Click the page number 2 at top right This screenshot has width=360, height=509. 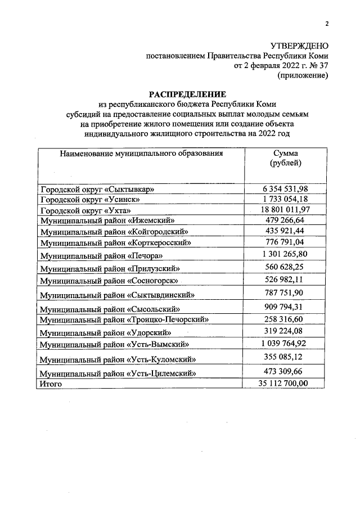(326, 23)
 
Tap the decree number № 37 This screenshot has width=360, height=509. (317, 65)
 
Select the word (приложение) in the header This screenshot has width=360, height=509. (303, 75)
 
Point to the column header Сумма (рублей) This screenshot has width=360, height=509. (286, 158)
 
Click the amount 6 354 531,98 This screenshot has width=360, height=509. (286, 188)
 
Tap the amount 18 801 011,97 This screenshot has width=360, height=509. (286, 209)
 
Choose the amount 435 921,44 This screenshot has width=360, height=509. (286, 231)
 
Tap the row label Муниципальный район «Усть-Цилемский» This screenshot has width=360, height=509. (117, 373)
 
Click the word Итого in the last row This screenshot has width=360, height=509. (50, 384)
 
